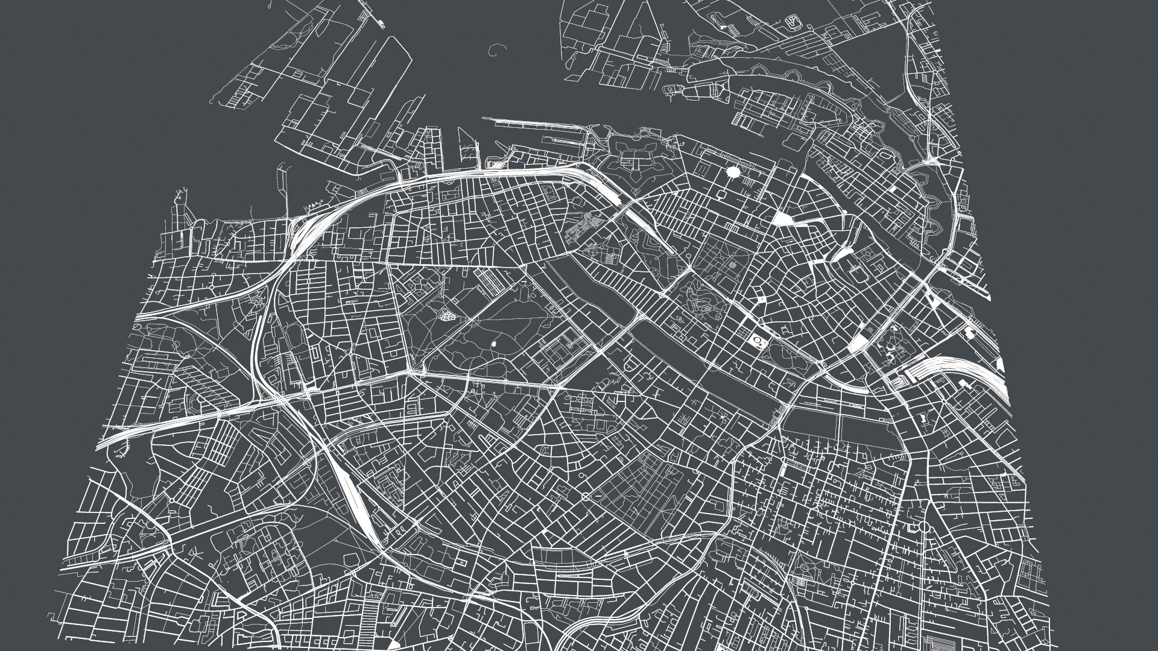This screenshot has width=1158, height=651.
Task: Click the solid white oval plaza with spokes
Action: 733,172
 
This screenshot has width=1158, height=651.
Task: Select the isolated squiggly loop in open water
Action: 498,49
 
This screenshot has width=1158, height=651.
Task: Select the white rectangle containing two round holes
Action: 758,342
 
